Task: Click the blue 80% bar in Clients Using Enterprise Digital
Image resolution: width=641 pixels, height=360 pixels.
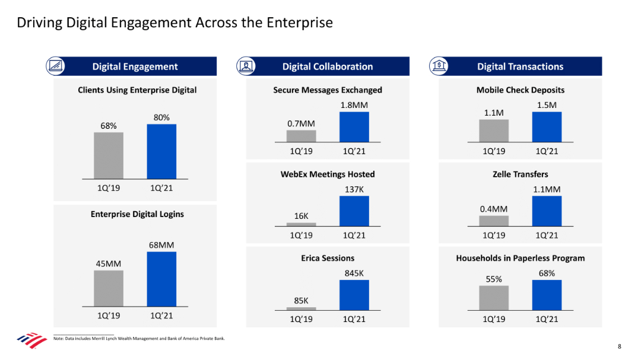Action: (x=161, y=151)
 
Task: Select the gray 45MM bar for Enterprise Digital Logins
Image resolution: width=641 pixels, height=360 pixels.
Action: (x=108, y=288)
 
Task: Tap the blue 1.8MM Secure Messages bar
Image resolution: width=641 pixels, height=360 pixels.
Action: (x=354, y=127)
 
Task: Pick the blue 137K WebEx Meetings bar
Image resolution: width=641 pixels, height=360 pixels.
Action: (x=354, y=211)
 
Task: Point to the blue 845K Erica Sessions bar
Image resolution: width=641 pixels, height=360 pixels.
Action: (x=354, y=295)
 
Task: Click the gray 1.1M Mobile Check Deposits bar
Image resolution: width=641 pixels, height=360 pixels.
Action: (x=494, y=130)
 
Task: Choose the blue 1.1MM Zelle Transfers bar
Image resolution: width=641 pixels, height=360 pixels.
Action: (x=547, y=211)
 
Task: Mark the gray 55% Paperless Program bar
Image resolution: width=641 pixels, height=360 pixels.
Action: (x=494, y=298)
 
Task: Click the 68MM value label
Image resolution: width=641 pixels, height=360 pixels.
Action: (x=161, y=245)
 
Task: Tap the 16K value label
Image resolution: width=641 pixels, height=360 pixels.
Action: (x=302, y=216)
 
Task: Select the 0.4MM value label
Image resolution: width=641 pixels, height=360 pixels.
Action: (x=494, y=209)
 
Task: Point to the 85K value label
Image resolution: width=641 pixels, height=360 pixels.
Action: (x=302, y=301)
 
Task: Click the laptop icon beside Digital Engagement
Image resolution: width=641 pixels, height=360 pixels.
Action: (x=55, y=66)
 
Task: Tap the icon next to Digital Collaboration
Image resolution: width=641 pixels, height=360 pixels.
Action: (x=246, y=66)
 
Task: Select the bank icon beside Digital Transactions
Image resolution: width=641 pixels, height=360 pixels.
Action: (x=439, y=66)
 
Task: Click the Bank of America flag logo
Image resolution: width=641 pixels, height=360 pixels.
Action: (x=31, y=340)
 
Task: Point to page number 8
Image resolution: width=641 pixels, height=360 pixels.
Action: (x=619, y=346)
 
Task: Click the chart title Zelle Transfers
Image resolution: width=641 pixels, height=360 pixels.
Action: (x=520, y=174)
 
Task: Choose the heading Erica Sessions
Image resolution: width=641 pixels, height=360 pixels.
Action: (x=328, y=259)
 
